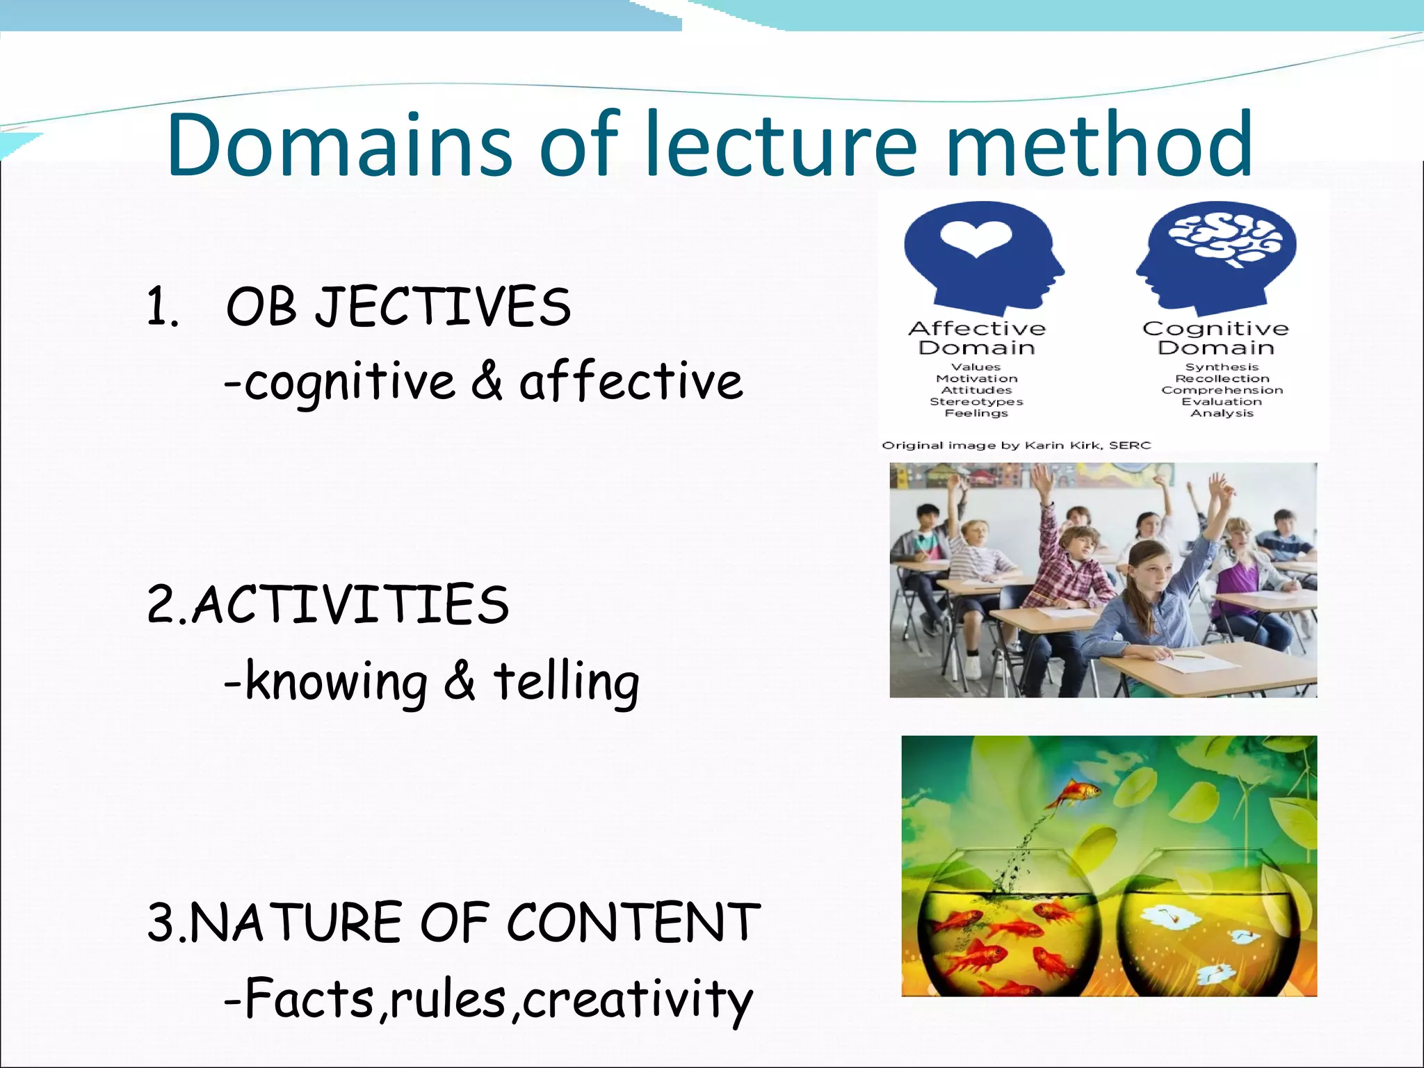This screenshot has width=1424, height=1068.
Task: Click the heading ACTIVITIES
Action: point(349,604)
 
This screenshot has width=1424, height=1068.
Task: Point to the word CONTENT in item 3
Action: point(633,923)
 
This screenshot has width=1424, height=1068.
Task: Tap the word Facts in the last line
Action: point(310,999)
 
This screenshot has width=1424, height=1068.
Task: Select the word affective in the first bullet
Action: point(631,382)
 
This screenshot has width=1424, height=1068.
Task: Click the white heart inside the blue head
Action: point(976,238)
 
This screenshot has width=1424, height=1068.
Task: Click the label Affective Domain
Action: point(976,338)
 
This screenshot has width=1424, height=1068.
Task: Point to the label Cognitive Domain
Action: point(1215,338)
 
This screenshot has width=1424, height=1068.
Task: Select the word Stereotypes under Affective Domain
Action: point(976,402)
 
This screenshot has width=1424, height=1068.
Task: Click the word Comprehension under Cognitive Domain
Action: point(1222,390)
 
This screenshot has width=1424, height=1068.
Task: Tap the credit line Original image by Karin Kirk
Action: point(1016,445)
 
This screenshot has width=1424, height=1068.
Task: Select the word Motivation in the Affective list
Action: point(976,379)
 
